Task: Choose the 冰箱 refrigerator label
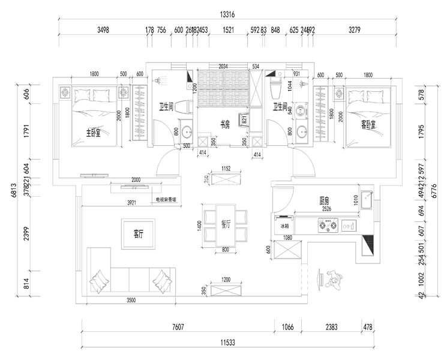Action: click(x=284, y=226)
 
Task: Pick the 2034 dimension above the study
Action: click(x=223, y=67)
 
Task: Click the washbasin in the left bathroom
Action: click(x=187, y=131)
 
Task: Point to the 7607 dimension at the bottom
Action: click(x=178, y=327)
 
